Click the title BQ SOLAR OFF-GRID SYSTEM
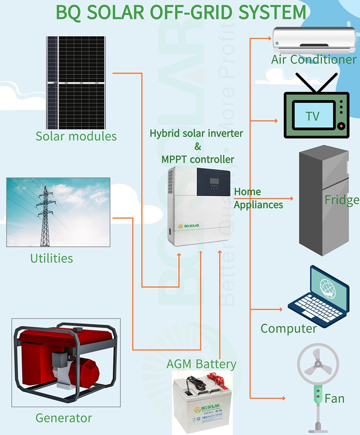[x=180, y=13]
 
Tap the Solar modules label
[x=76, y=136]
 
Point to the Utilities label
[x=51, y=258]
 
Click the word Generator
[x=63, y=418]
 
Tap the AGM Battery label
[x=201, y=364]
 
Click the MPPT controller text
[x=197, y=159]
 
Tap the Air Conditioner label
[x=314, y=59]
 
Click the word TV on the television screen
[x=312, y=116]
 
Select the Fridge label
[x=341, y=200]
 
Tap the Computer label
[x=288, y=328]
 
